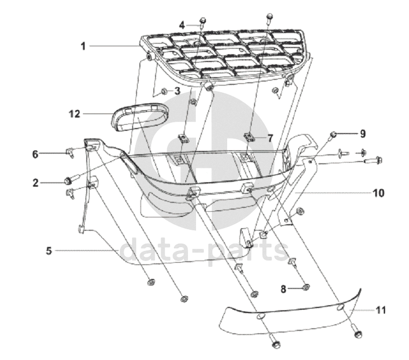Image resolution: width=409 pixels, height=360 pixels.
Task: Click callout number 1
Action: point(83,46)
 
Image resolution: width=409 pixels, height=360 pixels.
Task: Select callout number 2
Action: point(50,182)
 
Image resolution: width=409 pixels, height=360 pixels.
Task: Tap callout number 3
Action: point(177,91)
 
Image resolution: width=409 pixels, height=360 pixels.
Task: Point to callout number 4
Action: point(182,25)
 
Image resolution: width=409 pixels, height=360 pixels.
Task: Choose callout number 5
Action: point(49,251)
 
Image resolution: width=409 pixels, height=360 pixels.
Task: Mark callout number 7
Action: point(270,137)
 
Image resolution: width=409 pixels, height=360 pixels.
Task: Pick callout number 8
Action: point(283,289)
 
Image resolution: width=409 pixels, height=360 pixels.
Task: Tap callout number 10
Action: point(379,193)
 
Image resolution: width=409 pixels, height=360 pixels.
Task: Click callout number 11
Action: point(381,309)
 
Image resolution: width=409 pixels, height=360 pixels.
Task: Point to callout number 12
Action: point(74,114)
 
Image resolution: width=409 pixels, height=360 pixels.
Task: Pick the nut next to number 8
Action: point(306,288)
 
